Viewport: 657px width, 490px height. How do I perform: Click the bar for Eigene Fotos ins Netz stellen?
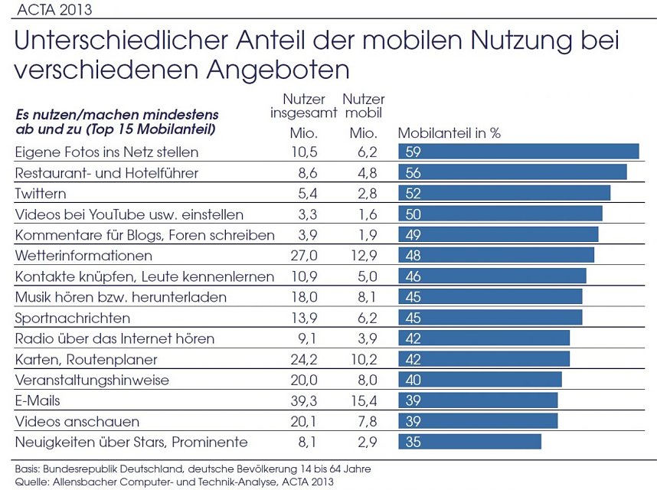(x=518, y=152)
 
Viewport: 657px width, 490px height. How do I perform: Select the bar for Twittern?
(x=504, y=193)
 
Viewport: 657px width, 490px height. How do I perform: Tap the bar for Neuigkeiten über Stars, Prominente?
(x=469, y=442)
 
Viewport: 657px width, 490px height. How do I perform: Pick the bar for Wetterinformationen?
(x=495, y=255)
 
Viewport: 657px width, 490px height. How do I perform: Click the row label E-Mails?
(x=38, y=400)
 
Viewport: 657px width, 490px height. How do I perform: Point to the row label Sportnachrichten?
(x=73, y=318)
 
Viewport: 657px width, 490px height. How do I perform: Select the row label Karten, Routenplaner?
(x=87, y=359)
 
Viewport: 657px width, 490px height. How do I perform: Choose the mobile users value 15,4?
(x=364, y=400)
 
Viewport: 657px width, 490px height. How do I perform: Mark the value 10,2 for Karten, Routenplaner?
(x=364, y=359)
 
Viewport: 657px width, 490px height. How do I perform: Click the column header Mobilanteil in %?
(x=449, y=132)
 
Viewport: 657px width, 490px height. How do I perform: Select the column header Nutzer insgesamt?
(x=304, y=106)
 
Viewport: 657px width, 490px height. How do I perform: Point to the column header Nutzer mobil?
(x=364, y=106)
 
